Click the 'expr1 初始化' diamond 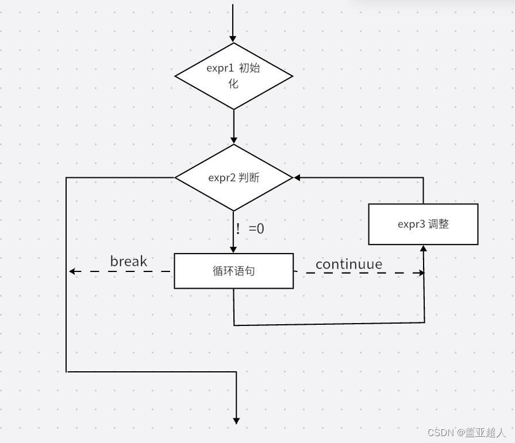click(233, 76)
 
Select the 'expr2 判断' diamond click(233, 177)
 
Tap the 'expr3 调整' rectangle click(423, 224)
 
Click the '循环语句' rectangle click(233, 271)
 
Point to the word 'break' click(128, 261)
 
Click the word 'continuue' click(349, 264)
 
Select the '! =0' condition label click(250, 228)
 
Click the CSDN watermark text click(466, 433)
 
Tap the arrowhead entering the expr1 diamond click(233, 39)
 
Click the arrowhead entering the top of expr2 click(233, 141)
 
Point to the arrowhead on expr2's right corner click(297, 177)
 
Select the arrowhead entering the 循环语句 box click(233, 250)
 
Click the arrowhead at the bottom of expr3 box click(424, 248)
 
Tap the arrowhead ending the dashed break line click(72, 271)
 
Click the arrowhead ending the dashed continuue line click(421, 273)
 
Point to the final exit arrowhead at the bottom click(236, 421)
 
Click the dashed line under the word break click(120, 271)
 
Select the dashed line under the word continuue click(359, 273)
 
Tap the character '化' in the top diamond click(233, 84)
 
